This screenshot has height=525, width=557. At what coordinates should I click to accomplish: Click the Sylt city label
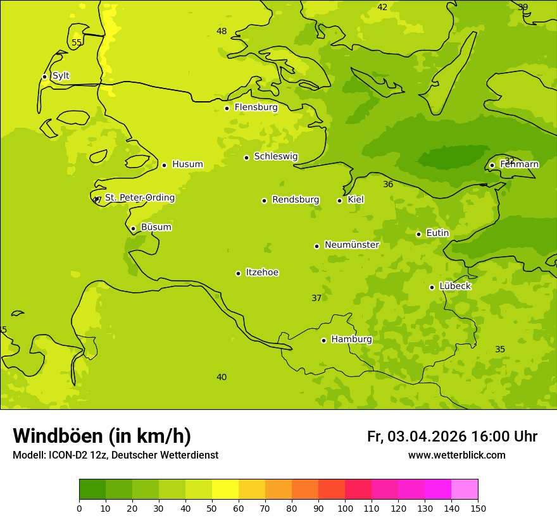[x=61, y=76]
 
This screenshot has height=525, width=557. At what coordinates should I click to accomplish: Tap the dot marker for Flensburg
[x=227, y=108]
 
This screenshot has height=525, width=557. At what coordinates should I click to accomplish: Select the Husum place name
[x=187, y=164]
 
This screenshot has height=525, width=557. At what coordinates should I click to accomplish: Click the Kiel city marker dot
[x=339, y=201]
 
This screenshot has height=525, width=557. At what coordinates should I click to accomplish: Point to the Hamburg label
[x=351, y=340]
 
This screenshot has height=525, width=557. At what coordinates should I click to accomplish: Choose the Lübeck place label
[x=454, y=287]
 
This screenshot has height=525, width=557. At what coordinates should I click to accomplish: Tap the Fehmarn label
[x=519, y=164]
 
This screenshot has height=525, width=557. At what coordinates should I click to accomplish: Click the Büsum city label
[x=156, y=227]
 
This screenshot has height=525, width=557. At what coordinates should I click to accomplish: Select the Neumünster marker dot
[x=316, y=246]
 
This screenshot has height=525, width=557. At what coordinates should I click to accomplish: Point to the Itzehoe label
[x=262, y=273]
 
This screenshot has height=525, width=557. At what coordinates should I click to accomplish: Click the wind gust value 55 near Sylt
[x=77, y=43]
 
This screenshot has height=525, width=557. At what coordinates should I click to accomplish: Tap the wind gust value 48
[x=222, y=32]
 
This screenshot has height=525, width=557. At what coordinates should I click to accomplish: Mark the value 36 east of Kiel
[x=388, y=185]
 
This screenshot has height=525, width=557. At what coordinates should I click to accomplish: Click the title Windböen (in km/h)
[x=102, y=436]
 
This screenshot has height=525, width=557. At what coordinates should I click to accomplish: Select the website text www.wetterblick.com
[x=456, y=455]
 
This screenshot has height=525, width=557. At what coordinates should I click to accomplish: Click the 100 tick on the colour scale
[x=345, y=509]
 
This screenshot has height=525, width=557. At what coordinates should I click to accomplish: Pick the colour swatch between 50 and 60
[x=225, y=489]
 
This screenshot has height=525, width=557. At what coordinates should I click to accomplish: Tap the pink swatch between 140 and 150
[x=465, y=489]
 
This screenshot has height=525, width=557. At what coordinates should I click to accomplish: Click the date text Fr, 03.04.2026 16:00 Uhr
[x=452, y=436]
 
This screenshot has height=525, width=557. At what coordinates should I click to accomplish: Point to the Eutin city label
[x=437, y=233]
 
